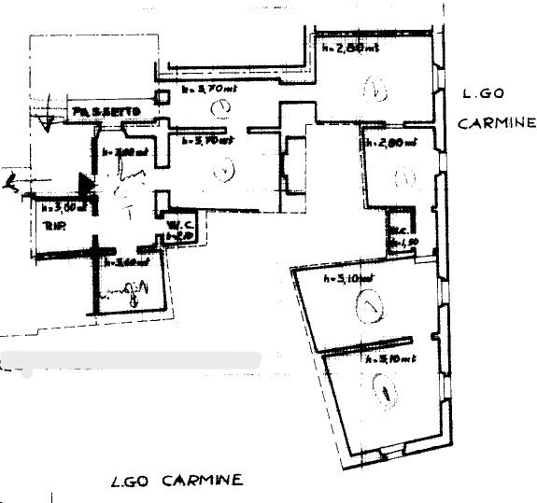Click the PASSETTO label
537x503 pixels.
(x=107, y=113)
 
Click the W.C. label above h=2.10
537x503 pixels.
(x=178, y=225)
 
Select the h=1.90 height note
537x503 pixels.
(x=400, y=243)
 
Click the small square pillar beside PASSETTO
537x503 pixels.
(x=163, y=95)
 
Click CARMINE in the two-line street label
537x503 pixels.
(x=497, y=123)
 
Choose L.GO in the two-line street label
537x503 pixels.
(x=482, y=94)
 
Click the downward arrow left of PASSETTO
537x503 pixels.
(x=41, y=118)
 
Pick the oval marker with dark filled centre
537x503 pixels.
(x=385, y=392)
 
